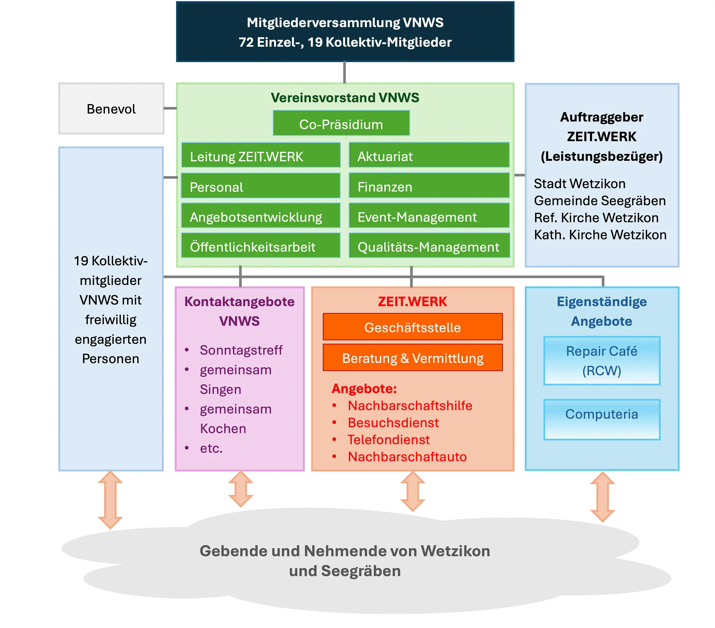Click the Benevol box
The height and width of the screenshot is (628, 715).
[x=111, y=109]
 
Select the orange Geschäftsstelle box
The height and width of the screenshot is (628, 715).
[x=413, y=327]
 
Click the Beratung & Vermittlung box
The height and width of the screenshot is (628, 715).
[x=413, y=358]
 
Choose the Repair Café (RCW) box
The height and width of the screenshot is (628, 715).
[x=602, y=361]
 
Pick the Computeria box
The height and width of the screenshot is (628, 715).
[x=602, y=419]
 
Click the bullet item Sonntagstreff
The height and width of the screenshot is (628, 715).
[x=241, y=350]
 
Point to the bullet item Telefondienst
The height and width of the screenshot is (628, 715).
[x=389, y=440]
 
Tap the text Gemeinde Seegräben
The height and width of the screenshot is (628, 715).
[x=600, y=201]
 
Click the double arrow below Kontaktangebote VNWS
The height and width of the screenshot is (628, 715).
[x=241, y=489]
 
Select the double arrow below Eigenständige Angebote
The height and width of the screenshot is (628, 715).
[x=602, y=497]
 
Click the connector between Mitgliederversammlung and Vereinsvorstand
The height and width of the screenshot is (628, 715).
[x=344, y=73]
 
